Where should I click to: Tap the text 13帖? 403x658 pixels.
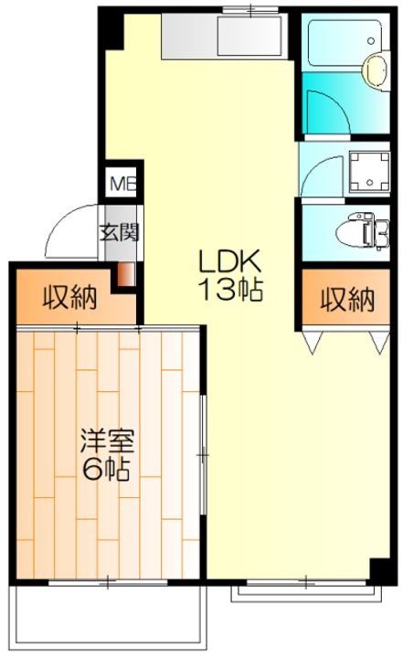[233, 292]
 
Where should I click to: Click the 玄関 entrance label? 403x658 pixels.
[120, 231]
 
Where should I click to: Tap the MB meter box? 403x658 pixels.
[121, 183]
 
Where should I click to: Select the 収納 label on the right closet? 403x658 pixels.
[346, 298]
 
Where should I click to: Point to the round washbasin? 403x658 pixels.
[375, 68]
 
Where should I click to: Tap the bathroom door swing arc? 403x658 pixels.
[324, 111]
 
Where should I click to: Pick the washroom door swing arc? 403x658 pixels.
[322, 174]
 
